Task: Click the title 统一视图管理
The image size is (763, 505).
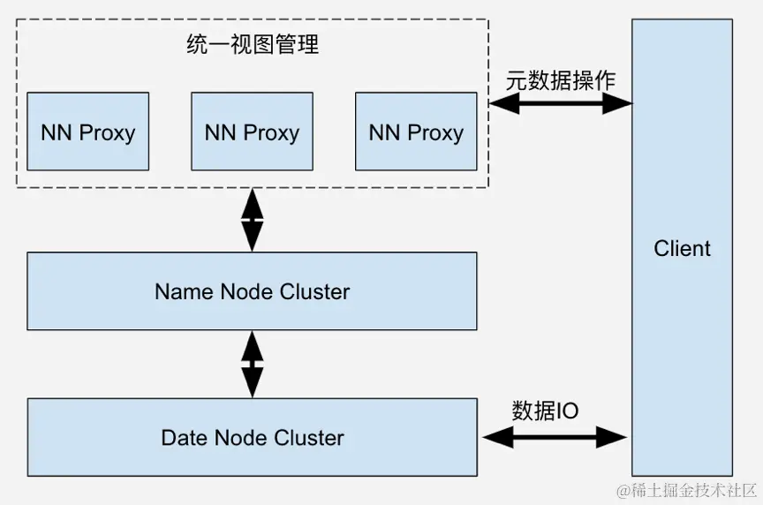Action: (x=253, y=45)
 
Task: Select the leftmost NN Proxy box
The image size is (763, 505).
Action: (x=87, y=132)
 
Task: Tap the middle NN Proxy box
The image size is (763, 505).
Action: (x=252, y=132)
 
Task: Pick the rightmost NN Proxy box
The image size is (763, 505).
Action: (x=416, y=132)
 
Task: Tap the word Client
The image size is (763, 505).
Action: (x=682, y=248)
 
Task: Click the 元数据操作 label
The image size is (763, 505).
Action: (x=561, y=79)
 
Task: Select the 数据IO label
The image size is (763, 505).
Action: (x=545, y=411)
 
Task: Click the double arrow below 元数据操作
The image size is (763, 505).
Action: (x=561, y=103)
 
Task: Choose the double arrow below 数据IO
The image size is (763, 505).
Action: (x=555, y=436)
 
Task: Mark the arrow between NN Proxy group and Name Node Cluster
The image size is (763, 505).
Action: (x=253, y=220)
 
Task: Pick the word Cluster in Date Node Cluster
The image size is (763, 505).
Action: (x=309, y=437)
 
